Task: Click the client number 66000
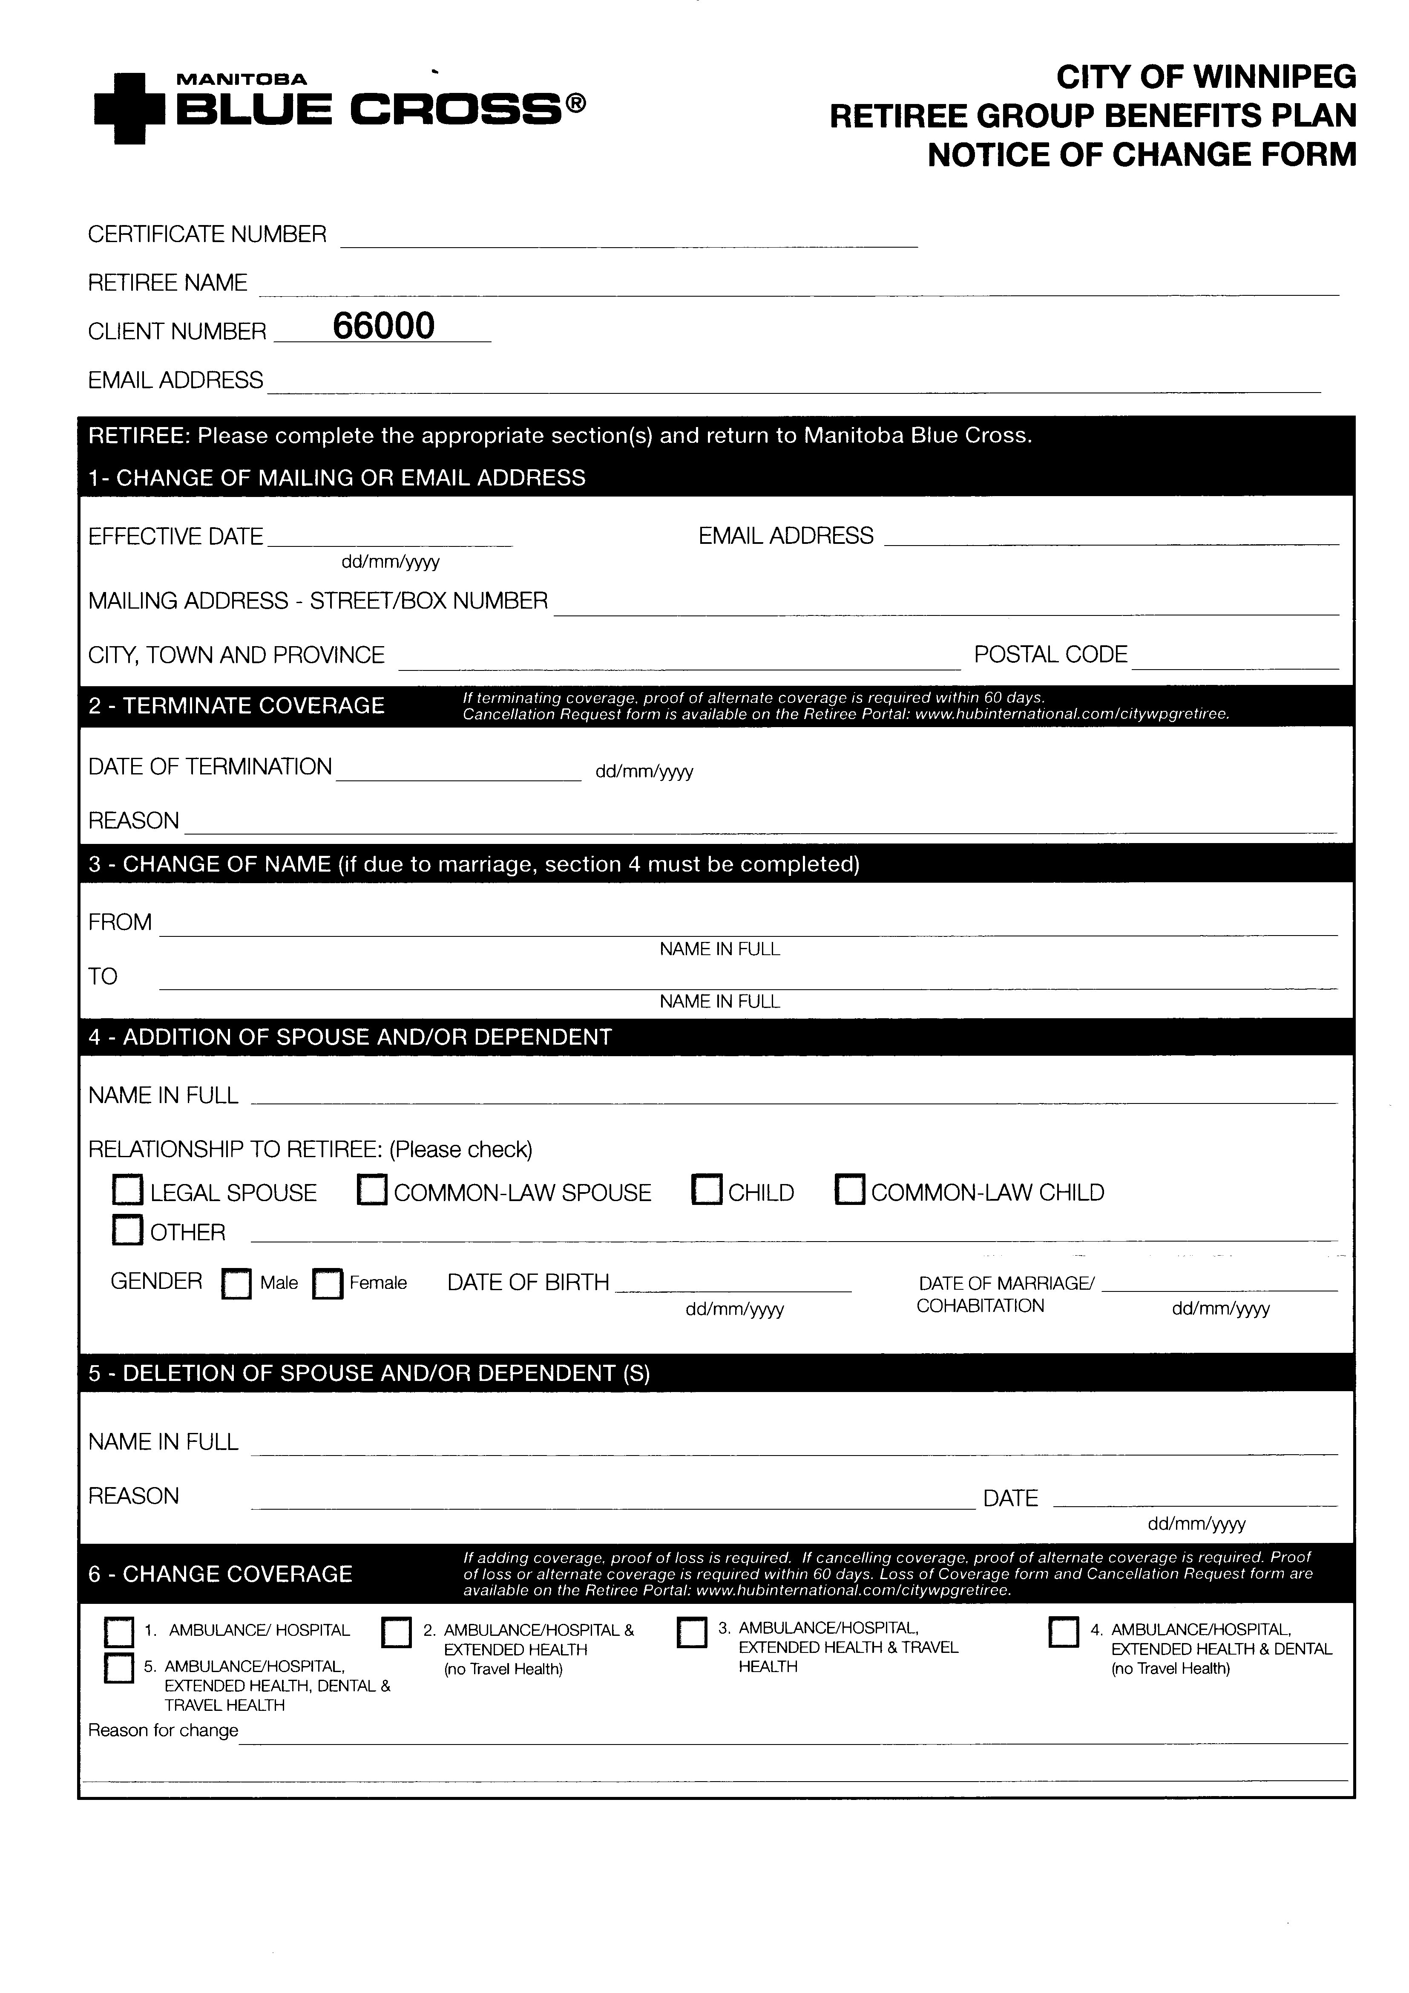(383, 326)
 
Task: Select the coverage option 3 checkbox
(691, 1632)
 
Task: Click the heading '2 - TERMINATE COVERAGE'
(236, 706)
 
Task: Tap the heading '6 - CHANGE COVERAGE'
(220, 1574)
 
